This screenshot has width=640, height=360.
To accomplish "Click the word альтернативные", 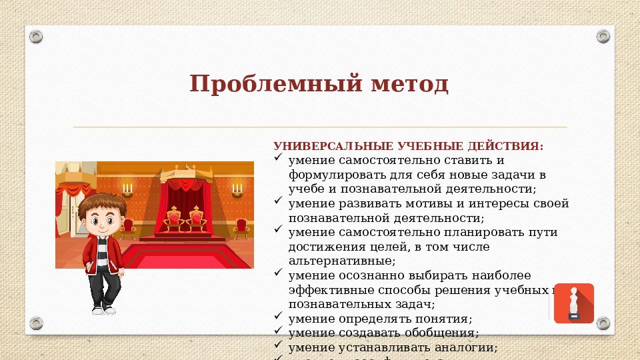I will [x=342, y=261].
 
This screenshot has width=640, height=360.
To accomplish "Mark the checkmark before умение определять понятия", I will [x=279, y=318].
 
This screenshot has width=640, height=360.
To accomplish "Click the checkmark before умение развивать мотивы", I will [x=279, y=203].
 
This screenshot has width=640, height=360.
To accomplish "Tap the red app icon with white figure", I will [x=573, y=303].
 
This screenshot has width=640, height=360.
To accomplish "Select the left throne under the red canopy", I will [x=175, y=217].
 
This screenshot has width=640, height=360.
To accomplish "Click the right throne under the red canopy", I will [x=196, y=217].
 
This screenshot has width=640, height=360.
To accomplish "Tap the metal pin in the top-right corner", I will [x=603, y=36].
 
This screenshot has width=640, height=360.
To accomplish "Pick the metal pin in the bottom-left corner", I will [x=36, y=323].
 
